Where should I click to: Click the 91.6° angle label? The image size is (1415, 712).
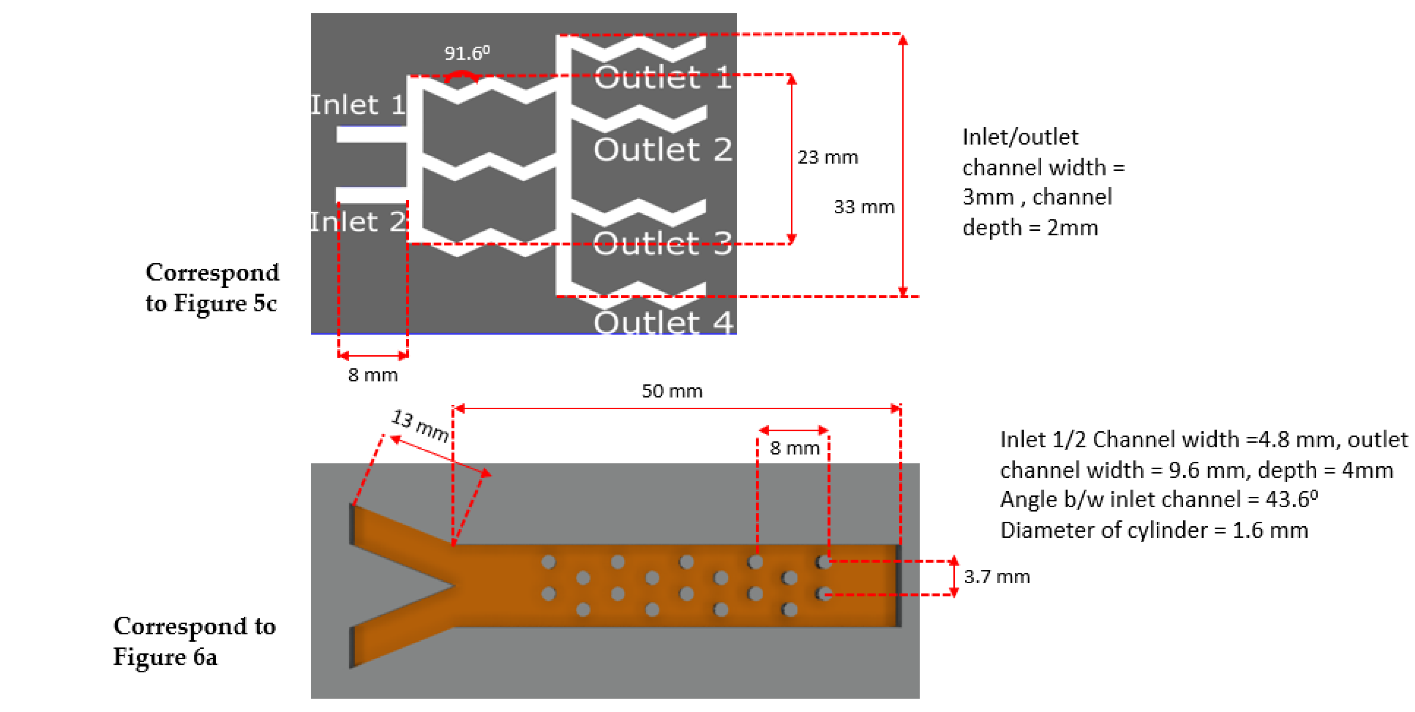pos(466,53)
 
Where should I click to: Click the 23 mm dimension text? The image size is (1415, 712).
pos(827,157)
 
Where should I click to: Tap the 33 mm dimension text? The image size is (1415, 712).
pos(863,207)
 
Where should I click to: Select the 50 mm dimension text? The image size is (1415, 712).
pos(672,391)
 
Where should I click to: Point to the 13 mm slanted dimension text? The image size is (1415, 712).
pos(420,425)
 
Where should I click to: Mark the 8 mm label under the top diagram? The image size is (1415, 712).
pos(373,375)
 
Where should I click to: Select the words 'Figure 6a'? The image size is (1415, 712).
pos(165,657)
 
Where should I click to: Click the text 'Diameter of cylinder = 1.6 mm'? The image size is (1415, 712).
pos(1153,530)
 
